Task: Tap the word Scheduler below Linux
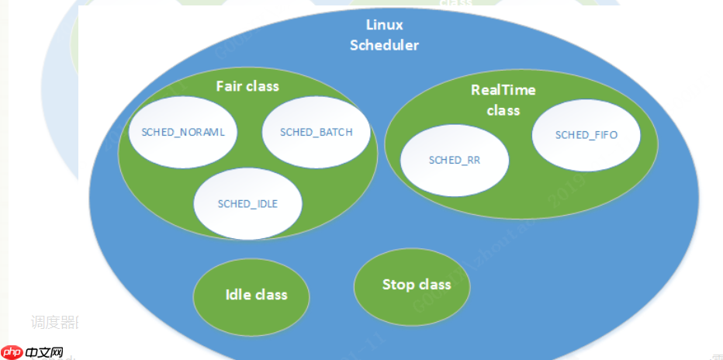click(384, 45)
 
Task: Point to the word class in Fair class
click(262, 86)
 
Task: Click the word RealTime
click(503, 90)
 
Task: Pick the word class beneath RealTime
click(503, 110)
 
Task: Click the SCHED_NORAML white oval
click(183, 132)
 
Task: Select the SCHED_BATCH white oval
click(316, 132)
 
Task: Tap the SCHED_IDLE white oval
click(247, 203)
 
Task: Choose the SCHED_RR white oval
click(455, 161)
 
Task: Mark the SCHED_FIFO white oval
click(586, 135)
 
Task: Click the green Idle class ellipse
click(251, 296)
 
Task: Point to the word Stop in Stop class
click(398, 285)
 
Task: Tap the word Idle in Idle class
click(239, 295)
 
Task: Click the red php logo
click(12, 351)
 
